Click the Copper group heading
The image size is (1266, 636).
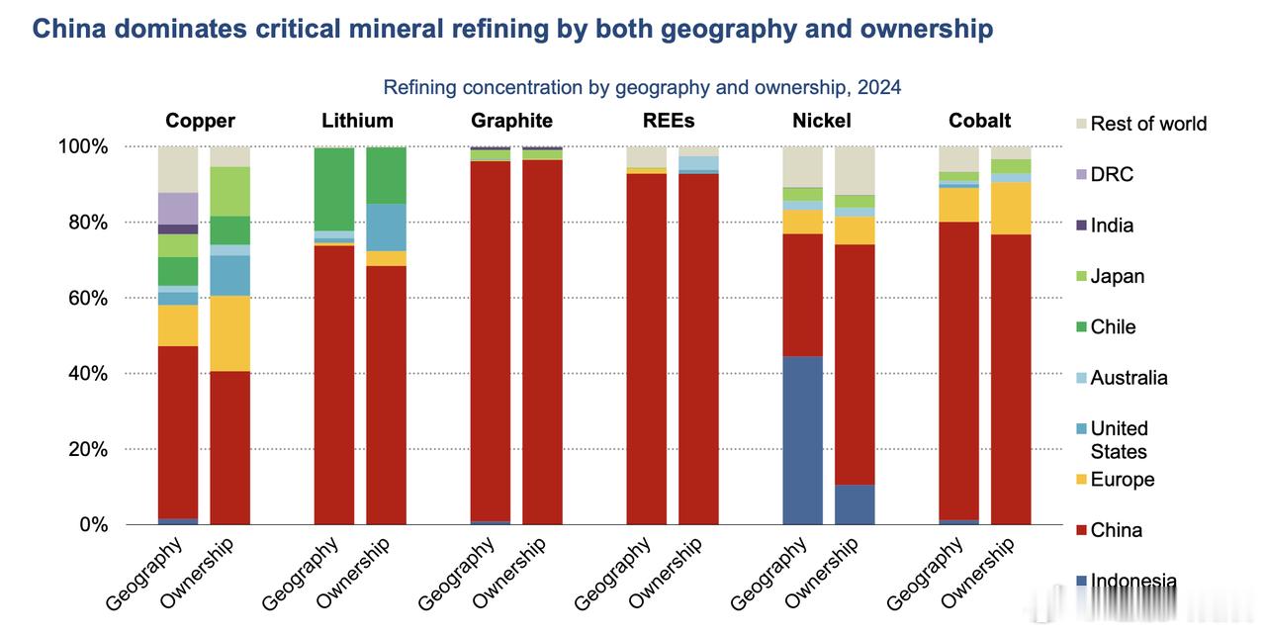click(200, 121)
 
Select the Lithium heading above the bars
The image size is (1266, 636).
click(357, 121)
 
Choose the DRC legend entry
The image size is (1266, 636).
click(1112, 174)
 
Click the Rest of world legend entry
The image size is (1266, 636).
click(1148, 124)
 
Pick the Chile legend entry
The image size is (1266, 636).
click(1113, 326)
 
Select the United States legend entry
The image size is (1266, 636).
click(1119, 439)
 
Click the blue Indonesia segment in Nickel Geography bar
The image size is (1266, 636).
click(802, 440)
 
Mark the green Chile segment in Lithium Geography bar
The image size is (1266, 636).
click(334, 189)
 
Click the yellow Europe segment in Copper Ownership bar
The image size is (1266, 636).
click(229, 333)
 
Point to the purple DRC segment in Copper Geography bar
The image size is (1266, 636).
click(178, 208)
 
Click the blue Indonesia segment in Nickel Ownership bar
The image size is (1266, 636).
click(855, 504)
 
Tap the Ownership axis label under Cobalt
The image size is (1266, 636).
click(976, 573)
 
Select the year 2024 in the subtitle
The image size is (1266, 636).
click(879, 87)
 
